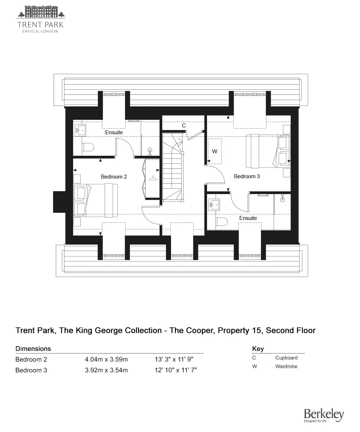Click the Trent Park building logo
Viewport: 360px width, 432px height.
pyautogui.click(x=41, y=12)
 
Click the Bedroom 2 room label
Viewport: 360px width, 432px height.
pyautogui.click(x=114, y=177)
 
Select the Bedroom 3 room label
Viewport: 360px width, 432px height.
pyautogui.click(x=247, y=176)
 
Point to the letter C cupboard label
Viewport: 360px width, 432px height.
pyautogui.click(x=184, y=126)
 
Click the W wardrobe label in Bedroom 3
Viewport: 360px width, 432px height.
pyautogui.click(x=215, y=152)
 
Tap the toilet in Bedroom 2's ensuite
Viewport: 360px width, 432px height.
pyautogui.click(x=88, y=147)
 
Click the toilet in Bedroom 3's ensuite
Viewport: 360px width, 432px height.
pyautogui.click(x=222, y=222)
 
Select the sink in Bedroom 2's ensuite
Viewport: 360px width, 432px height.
pyautogui.click(x=80, y=130)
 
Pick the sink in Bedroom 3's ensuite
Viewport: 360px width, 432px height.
pyautogui.click(x=214, y=205)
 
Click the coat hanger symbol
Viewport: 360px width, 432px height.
pyautogui.click(x=153, y=178)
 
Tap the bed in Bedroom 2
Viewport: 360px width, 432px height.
pyautogui.click(x=96, y=200)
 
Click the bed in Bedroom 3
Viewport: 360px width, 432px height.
pyautogui.click(x=268, y=151)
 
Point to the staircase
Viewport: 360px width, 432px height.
pyautogui.click(x=173, y=167)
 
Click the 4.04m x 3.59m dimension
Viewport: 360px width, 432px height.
pyautogui.click(x=106, y=359)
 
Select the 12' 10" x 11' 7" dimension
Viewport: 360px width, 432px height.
pyautogui.click(x=176, y=370)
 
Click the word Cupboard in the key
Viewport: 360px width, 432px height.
pyautogui.click(x=286, y=358)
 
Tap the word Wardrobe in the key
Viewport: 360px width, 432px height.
pyautogui.click(x=286, y=366)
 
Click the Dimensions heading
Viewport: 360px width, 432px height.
pyautogui.click(x=33, y=348)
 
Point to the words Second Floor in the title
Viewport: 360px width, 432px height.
pyautogui.click(x=291, y=330)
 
